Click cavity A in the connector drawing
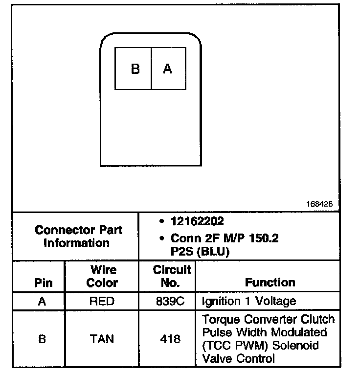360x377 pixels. click(168, 69)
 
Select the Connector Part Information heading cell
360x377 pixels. click(78, 236)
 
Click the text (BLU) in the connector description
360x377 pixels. click(214, 252)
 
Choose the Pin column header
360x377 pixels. click(43, 283)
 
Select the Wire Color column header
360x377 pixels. click(102, 276)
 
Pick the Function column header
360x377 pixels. click(270, 283)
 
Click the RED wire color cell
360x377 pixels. click(101, 301)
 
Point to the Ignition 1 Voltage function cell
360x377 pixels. click(248, 301)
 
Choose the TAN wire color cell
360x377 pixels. click(102, 339)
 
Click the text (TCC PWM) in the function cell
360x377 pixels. click(232, 346)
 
